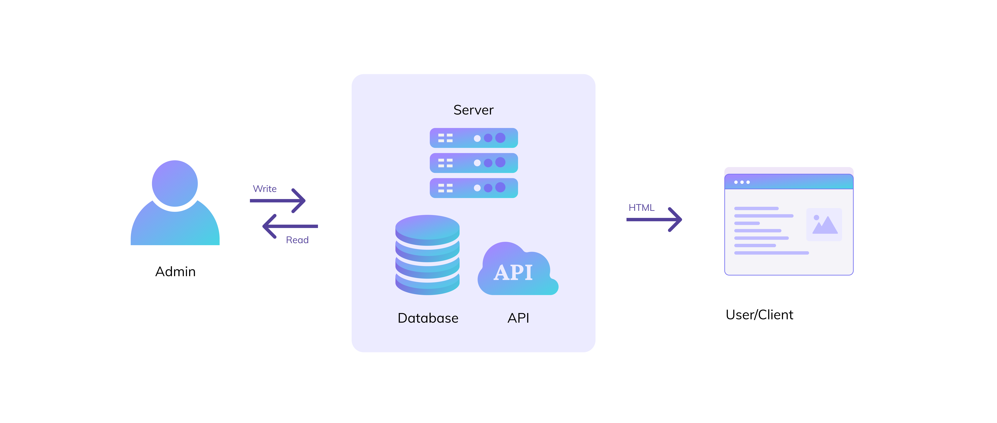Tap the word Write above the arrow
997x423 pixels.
(265, 189)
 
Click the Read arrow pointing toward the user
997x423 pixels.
(290, 226)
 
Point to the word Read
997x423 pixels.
(297, 240)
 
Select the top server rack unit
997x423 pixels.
(474, 138)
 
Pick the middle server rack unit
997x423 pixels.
(474, 163)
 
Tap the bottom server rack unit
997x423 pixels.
(474, 188)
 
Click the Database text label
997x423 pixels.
(428, 318)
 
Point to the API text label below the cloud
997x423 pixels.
(518, 318)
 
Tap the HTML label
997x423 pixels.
(641, 208)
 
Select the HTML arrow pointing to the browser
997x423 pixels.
(654, 219)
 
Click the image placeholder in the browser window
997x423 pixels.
(824, 224)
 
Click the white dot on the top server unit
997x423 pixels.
(477, 138)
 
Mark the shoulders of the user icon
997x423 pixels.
(175, 228)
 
